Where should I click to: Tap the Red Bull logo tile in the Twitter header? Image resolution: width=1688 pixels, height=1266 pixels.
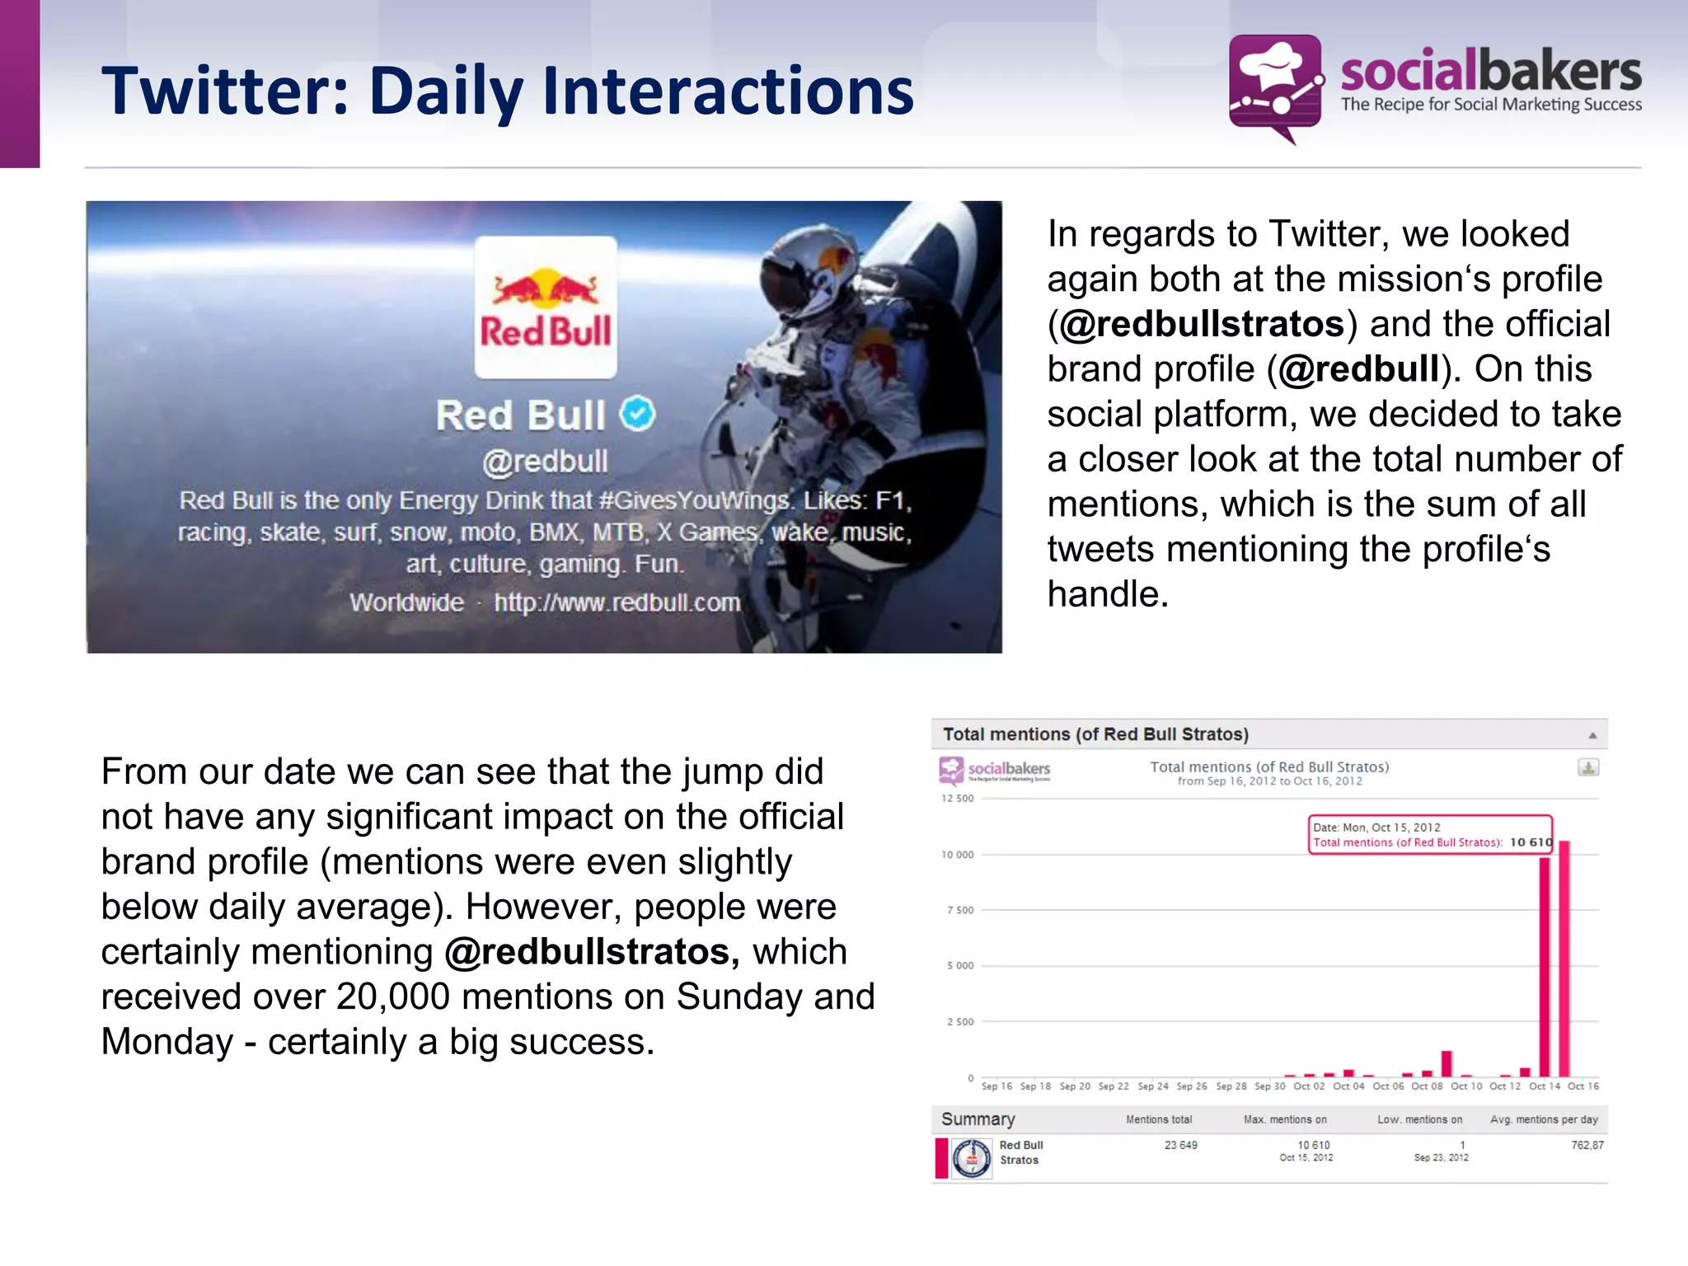[546, 307]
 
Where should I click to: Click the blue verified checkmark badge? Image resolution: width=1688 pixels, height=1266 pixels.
[637, 414]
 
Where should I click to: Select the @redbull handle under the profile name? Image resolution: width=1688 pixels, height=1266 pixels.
[546, 462]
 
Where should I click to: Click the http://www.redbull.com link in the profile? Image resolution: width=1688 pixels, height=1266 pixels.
[617, 603]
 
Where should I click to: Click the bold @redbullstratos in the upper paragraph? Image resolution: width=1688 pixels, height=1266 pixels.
[1201, 324]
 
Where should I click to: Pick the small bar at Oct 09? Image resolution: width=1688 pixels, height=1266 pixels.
[1447, 1064]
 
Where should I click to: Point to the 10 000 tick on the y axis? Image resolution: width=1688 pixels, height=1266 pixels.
[958, 855]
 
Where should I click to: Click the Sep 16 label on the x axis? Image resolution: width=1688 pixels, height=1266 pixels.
[996, 1086]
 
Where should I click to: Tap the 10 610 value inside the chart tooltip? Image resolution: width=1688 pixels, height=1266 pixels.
[1531, 842]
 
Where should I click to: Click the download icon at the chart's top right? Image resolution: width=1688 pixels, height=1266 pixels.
[1588, 767]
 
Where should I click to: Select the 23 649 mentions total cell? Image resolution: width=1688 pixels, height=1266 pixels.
[1180, 1145]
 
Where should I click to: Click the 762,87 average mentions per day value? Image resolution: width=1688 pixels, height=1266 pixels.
[1587, 1145]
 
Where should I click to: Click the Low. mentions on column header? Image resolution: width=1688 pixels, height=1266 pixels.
[1419, 1119]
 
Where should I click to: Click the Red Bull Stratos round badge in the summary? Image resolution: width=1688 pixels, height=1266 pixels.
[972, 1158]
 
